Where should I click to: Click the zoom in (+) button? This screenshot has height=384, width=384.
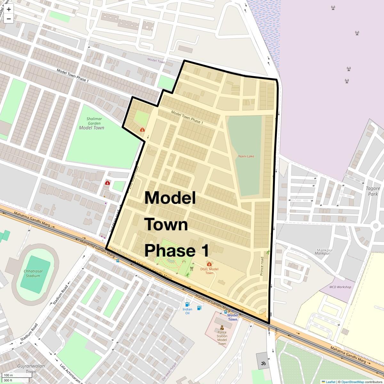coord(9,9)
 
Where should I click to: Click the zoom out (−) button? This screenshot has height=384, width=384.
coord(9,19)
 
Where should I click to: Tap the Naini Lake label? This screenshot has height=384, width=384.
coord(246,156)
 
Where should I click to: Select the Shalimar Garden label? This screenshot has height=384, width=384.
coord(94,121)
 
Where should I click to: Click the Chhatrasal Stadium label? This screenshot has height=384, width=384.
coord(33,273)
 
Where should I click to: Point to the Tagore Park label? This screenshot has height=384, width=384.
coord(373,191)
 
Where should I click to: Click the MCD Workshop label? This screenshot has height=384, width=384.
coord(340,287)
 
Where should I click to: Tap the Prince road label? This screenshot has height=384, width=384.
coord(262,266)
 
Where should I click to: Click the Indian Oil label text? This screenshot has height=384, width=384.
coord(188,311)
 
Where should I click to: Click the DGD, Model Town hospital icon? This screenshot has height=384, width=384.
coord(209,264)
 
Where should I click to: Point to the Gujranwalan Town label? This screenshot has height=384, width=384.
coord(31,369)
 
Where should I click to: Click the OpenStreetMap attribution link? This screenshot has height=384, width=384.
coord(352,382)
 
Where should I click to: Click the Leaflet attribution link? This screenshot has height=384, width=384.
coord(330,382)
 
